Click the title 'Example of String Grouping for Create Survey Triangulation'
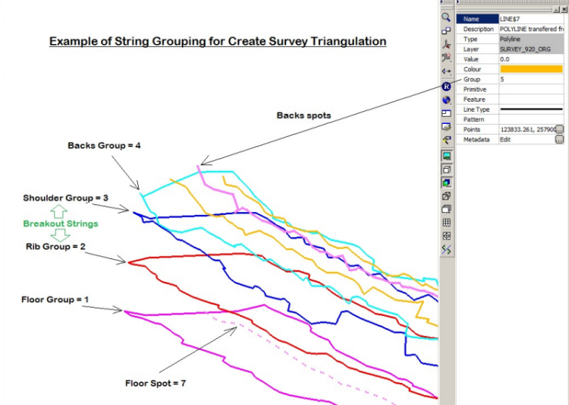218,41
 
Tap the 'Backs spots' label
303,115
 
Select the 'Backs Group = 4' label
104,145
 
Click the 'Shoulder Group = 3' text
65,198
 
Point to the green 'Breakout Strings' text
60,224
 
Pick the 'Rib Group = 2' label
55,246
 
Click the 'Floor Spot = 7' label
156,383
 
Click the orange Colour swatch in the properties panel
531,69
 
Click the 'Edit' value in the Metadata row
506,140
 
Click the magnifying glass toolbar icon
447,17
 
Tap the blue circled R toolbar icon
447,87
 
